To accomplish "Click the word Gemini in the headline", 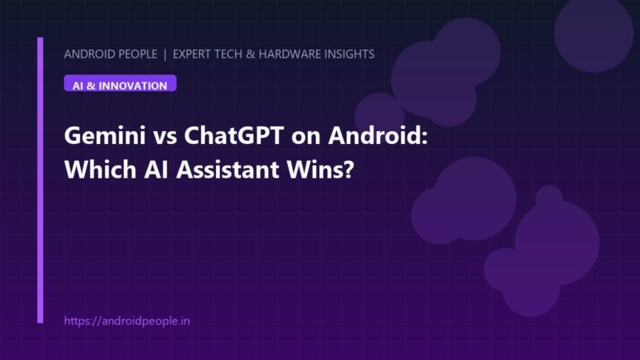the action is click(x=105, y=135).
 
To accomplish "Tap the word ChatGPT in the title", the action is click(x=234, y=135).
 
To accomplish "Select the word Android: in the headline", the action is click(x=378, y=135).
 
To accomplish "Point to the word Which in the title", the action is click(x=101, y=170).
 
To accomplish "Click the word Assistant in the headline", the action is click(x=228, y=170).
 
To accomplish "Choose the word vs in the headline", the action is click(x=165, y=137).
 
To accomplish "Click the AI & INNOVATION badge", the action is click(x=120, y=83).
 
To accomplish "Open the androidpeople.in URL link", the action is click(x=127, y=321).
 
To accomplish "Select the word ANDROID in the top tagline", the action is click(x=90, y=54).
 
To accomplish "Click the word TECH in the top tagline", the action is click(x=227, y=54).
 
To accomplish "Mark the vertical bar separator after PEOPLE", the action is click(x=165, y=54).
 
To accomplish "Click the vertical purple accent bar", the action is click(x=40, y=180).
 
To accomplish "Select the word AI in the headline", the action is click(x=156, y=170).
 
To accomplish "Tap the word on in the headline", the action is click(x=306, y=137).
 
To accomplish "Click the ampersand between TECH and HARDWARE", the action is click(x=250, y=54).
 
